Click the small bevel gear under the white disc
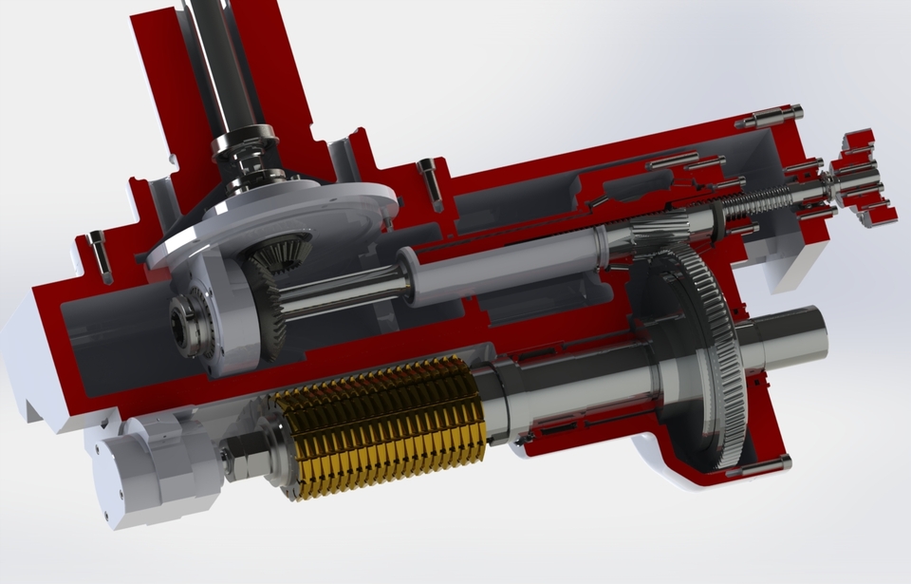pyautogui.click(x=280, y=251)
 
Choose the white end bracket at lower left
pyautogui.click(x=142, y=470)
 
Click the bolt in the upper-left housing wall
pyautogui.click(x=99, y=254)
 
